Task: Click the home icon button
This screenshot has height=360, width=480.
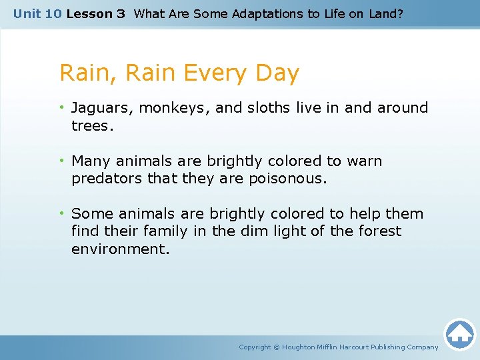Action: pos(459,334)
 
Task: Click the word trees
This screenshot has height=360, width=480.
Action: pos(91,125)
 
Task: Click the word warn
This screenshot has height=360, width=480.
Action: pos(365,161)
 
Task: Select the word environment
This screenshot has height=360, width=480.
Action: pos(120,249)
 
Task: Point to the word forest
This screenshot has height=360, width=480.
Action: pos(379,231)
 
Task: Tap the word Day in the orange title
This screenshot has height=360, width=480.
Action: pos(277,73)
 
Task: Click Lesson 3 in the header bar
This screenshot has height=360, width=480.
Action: pos(95,13)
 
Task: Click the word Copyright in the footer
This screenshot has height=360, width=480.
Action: pos(255,347)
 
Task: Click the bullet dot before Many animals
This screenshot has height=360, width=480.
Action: pos(62,161)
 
